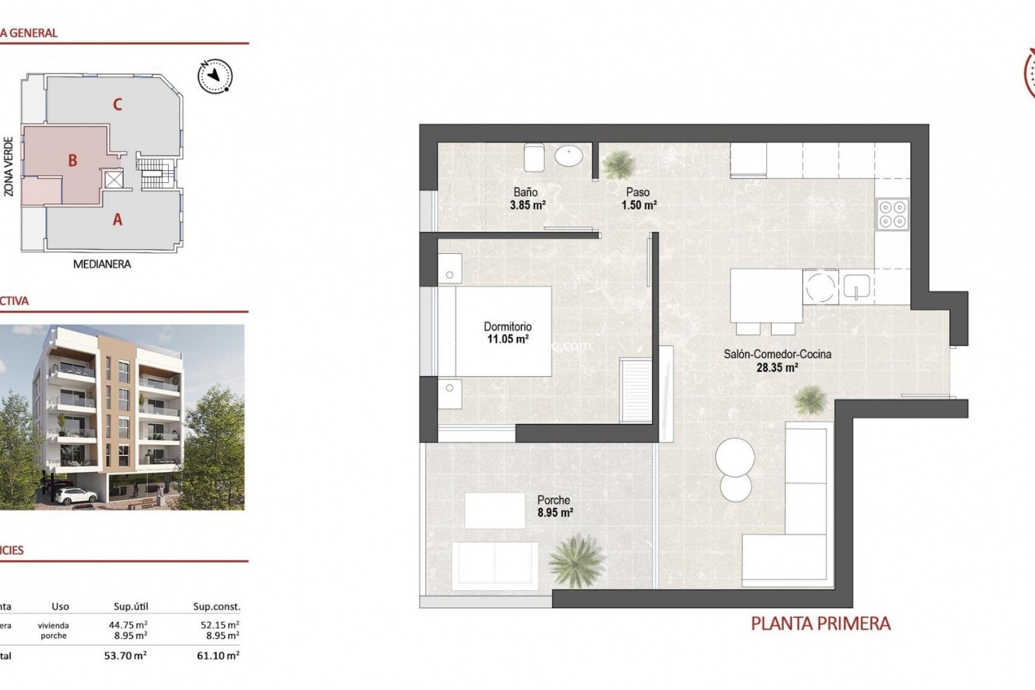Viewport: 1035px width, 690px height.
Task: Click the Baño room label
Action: click(525, 192)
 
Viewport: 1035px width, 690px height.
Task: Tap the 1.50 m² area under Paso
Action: click(639, 205)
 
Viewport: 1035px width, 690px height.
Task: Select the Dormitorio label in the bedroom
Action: click(507, 327)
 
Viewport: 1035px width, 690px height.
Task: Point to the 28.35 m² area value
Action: click(776, 368)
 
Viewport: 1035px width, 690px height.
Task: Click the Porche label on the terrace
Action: click(554, 500)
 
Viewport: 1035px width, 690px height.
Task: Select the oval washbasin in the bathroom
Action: click(569, 157)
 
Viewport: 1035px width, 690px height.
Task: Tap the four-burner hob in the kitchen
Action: click(893, 213)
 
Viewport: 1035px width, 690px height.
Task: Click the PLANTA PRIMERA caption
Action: click(820, 624)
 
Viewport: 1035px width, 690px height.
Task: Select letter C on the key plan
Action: click(118, 104)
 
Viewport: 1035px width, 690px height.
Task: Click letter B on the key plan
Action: click(72, 160)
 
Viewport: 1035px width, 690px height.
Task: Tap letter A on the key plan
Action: click(118, 219)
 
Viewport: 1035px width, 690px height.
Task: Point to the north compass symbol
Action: click(215, 75)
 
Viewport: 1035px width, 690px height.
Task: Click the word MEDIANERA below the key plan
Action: click(102, 264)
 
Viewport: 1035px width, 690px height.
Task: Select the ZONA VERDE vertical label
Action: click(9, 167)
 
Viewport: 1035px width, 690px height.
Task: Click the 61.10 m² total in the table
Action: click(218, 656)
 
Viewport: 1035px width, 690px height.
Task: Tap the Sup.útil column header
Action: click(130, 606)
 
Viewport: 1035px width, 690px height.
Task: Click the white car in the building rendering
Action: click(71, 494)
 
